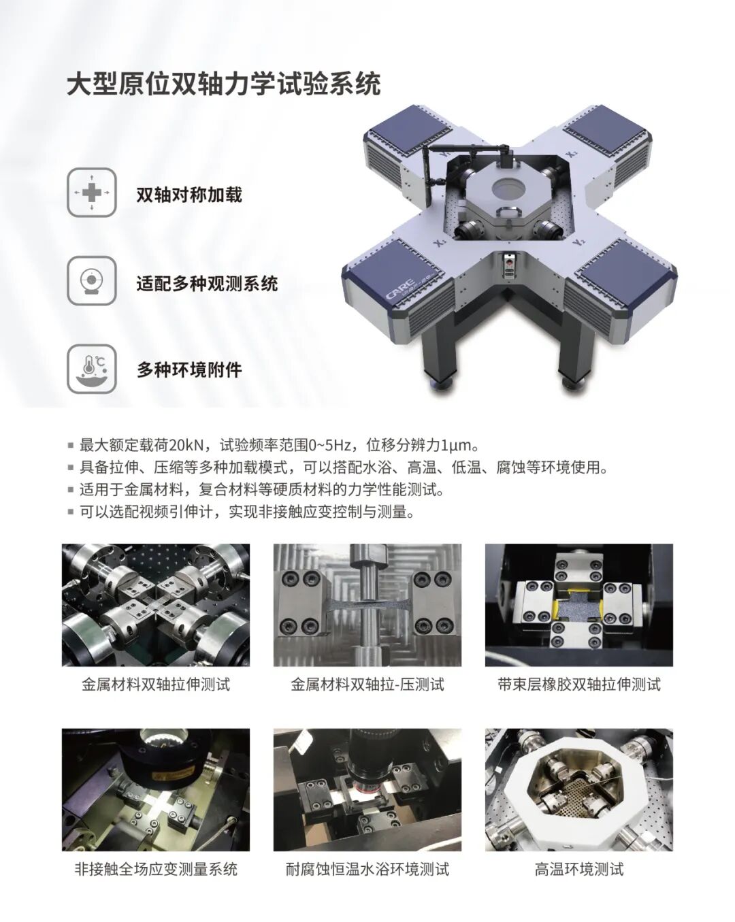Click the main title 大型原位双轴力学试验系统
pos(224,83)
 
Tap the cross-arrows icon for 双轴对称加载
pos(92,193)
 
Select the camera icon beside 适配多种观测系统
pos(92,280)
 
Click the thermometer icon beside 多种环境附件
pos(92,369)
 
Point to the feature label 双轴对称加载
pos(189,195)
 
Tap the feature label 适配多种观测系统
pos(207,284)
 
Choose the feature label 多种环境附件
pos(189,369)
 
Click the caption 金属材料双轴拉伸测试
pos(156,685)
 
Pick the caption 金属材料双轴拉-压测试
pos(367,685)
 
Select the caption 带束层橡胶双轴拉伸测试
pos(579,685)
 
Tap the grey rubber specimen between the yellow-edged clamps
pos(578,607)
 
